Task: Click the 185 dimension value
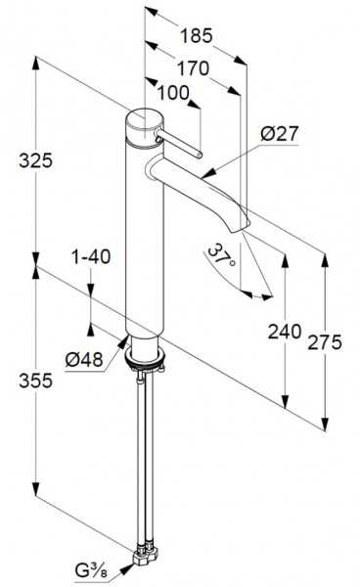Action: (196, 36)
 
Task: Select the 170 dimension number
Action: (193, 68)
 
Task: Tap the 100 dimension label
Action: (173, 93)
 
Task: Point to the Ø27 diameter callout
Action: (280, 134)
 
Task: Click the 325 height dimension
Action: (36, 161)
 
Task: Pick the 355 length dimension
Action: (36, 382)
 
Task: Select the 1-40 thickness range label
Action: (91, 256)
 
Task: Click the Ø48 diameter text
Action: (84, 360)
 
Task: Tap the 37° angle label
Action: (221, 255)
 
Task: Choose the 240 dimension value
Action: (285, 332)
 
